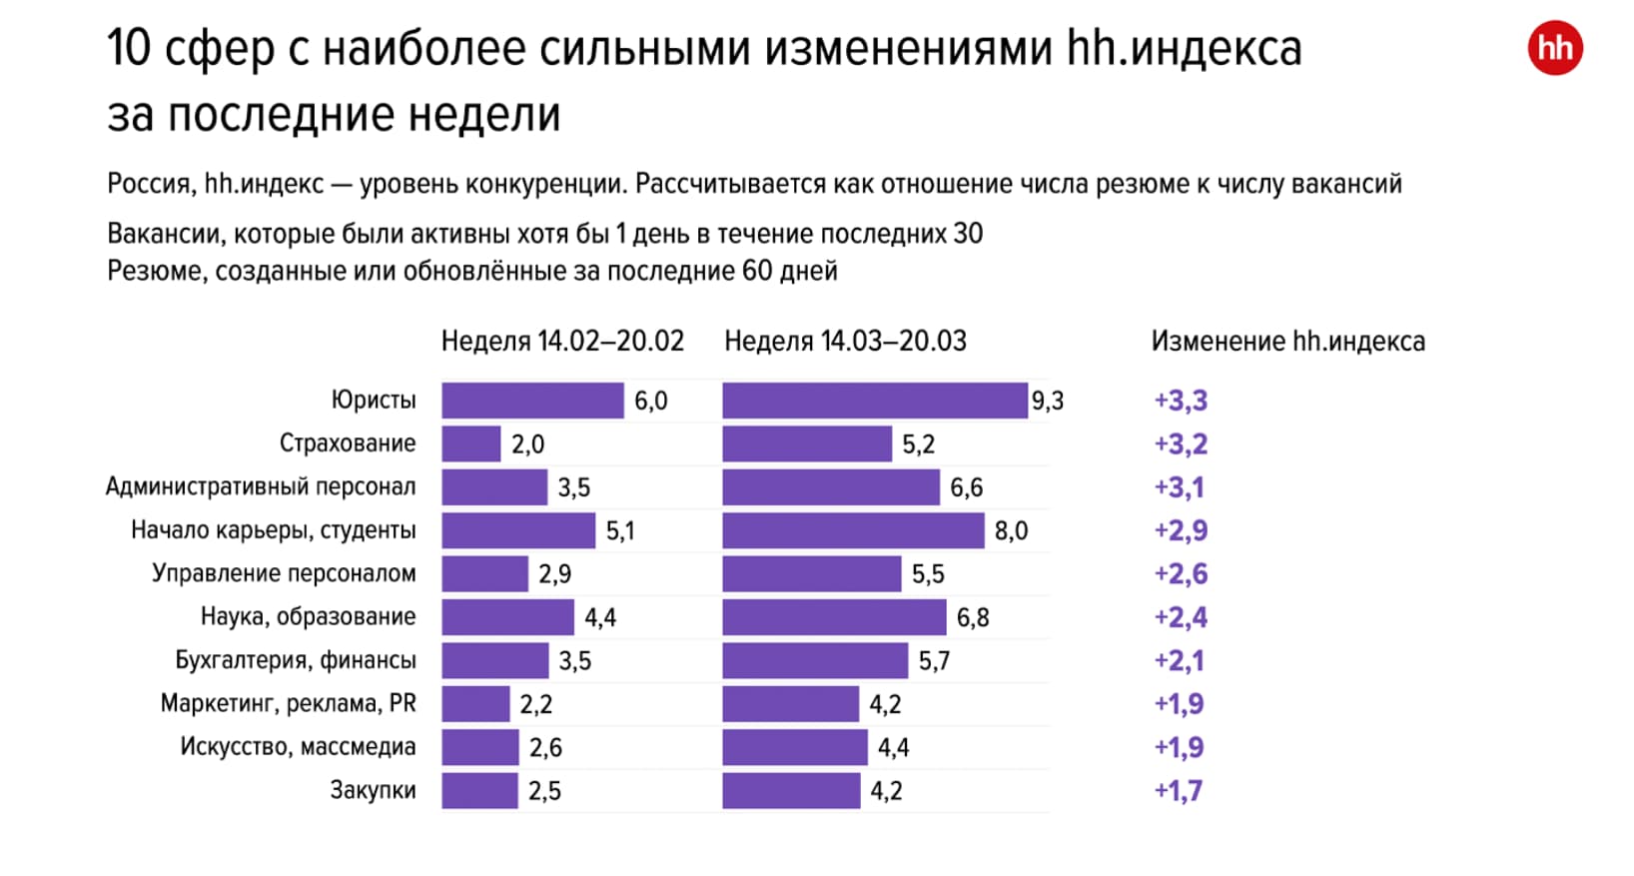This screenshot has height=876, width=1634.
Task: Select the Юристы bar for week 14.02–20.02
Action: point(532,401)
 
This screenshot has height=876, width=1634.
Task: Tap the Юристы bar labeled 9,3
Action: point(874,401)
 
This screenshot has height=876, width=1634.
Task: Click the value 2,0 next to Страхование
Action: point(527,444)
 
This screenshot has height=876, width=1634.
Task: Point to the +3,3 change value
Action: point(1181,401)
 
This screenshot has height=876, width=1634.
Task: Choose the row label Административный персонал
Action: point(261,487)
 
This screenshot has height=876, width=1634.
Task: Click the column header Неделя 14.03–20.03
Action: point(845,342)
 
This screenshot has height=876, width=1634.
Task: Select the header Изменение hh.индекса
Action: point(1287,342)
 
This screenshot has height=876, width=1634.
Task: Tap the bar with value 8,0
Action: point(853,530)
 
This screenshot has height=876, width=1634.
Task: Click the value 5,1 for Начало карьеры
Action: point(619,531)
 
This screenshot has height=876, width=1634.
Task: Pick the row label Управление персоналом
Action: point(284,574)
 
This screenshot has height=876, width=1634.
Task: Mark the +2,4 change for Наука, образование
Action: point(1181,617)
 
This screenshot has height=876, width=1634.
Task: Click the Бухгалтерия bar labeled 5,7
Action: point(815,660)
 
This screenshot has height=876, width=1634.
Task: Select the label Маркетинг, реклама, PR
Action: point(288,704)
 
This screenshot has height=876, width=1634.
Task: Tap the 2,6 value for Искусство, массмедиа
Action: point(545,748)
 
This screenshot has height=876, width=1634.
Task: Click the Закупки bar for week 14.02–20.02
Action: point(479,791)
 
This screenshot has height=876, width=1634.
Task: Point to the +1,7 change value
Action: point(1179,791)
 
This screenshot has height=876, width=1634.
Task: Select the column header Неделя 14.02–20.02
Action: point(562,342)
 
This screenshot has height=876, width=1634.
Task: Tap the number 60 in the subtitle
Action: point(757,271)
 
